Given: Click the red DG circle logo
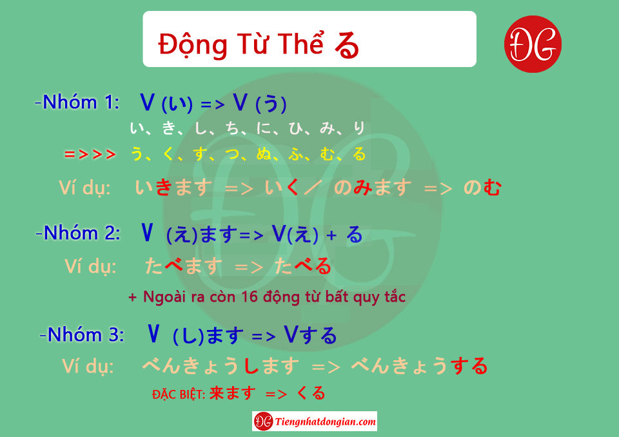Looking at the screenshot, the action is click(533, 44).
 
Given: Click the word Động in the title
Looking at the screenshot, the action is click(193, 44).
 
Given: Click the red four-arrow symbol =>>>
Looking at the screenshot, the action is click(90, 154).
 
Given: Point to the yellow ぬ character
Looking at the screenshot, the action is click(264, 154).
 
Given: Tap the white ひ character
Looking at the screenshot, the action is click(295, 128).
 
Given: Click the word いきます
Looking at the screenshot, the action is click(173, 187).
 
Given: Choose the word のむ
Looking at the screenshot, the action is click(482, 188).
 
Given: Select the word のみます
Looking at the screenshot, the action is click(373, 187).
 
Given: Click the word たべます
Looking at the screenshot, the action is click(184, 266).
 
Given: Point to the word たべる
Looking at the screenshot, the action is click(303, 266).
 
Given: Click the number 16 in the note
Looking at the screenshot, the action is click(250, 296).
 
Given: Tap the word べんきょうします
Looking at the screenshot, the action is click(221, 366).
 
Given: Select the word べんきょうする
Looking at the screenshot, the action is click(419, 366).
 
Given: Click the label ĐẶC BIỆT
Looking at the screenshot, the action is click(179, 394).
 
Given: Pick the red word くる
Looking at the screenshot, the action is click(311, 393).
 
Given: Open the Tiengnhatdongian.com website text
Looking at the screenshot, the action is click(325, 422).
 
